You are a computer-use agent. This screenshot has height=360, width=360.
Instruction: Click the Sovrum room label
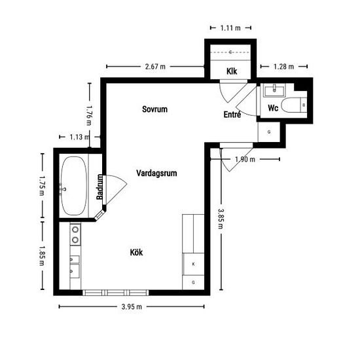[154, 109]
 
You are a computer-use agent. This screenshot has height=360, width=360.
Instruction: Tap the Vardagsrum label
[156, 173]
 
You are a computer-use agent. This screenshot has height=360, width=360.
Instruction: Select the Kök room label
[136, 252]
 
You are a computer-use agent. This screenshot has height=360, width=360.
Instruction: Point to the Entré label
[232, 114]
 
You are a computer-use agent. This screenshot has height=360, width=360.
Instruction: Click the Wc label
[273, 108]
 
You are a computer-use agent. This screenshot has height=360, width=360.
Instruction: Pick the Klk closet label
[232, 71]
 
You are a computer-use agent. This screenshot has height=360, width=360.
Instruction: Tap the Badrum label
[99, 187]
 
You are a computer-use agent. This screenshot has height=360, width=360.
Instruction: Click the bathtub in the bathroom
[74, 186]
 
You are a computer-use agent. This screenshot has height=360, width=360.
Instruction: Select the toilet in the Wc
[294, 105]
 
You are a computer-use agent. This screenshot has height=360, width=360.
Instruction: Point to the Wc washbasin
[274, 90]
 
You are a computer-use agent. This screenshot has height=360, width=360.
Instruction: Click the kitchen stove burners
[75, 234]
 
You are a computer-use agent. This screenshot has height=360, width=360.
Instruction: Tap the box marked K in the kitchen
[193, 264]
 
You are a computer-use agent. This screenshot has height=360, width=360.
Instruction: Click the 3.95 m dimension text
[132, 307]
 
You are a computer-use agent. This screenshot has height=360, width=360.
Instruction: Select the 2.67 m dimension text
[155, 67]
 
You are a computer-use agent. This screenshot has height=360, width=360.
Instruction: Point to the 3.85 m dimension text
[220, 219]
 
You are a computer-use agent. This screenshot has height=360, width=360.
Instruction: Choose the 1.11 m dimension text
[230, 28]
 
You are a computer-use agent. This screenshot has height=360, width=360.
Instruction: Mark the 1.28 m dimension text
[284, 67]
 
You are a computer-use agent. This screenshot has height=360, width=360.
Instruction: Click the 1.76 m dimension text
[89, 115]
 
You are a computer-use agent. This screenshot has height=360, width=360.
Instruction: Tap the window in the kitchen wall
[115, 293]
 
